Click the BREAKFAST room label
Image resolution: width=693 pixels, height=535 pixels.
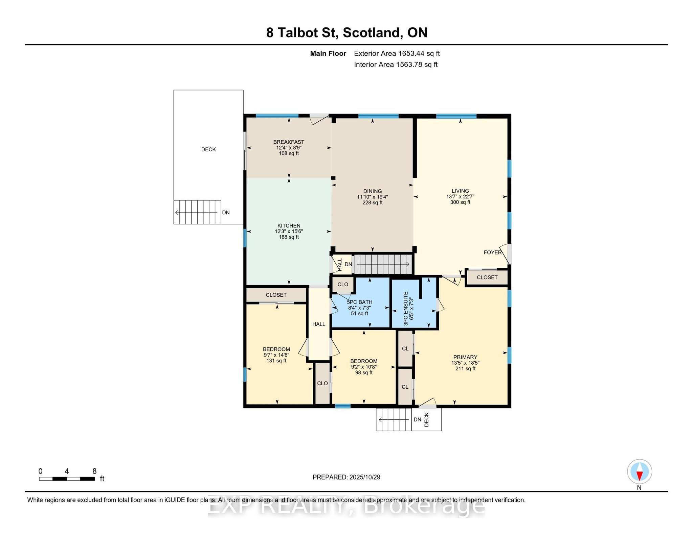click(x=289, y=142)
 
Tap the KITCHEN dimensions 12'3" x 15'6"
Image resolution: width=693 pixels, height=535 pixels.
click(x=289, y=232)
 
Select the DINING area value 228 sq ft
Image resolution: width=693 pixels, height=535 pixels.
click(x=372, y=203)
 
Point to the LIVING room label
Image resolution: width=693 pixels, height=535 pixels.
click(x=460, y=191)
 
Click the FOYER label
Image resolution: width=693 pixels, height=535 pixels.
click(x=492, y=252)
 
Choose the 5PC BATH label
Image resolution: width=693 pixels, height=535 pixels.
click(x=359, y=302)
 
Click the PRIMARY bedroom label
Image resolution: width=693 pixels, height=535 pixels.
click(x=465, y=357)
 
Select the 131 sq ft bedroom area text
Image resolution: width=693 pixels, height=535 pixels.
click(x=276, y=361)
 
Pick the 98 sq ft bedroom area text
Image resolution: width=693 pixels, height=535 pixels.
click(x=364, y=373)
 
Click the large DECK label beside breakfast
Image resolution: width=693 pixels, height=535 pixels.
click(x=208, y=149)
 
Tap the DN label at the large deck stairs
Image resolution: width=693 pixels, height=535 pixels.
click(x=226, y=213)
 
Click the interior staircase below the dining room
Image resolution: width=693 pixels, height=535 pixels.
click(x=382, y=264)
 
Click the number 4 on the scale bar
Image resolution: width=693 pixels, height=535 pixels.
click(x=67, y=471)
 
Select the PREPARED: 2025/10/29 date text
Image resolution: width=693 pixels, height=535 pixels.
click(x=346, y=477)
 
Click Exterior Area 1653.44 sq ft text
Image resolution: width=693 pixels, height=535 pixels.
click(x=397, y=53)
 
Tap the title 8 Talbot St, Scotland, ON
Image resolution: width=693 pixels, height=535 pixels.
click(x=346, y=32)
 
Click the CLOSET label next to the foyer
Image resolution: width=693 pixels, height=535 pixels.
click(x=487, y=277)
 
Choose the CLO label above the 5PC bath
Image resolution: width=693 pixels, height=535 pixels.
click(x=343, y=285)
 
